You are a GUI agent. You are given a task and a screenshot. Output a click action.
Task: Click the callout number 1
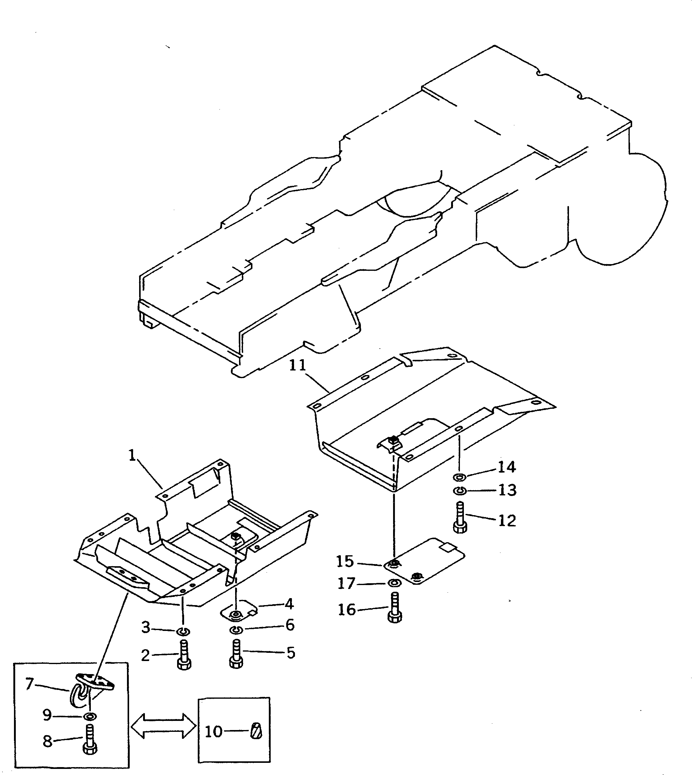point(132,455)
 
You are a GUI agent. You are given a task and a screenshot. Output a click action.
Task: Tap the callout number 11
point(297,365)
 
